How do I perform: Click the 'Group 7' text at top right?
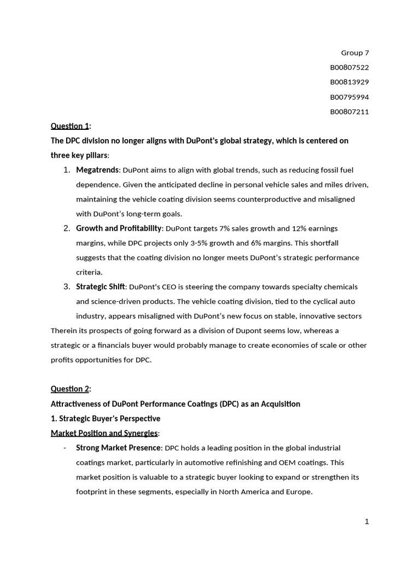(355, 53)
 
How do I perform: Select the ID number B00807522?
(349, 67)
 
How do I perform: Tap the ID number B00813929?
(349, 82)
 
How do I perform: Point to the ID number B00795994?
(349, 97)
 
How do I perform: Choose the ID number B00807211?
(349, 112)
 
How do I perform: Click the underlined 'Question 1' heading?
(69, 126)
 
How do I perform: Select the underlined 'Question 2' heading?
(69, 389)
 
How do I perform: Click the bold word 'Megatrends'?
(97, 170)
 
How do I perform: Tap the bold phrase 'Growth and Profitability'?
(119, 228)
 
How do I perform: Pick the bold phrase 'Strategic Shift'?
(100, 287)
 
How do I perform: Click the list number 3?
(66, 287)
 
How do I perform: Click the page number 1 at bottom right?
(367, 522)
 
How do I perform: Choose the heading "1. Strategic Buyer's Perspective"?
(106, 419)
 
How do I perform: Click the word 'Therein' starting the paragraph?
(63, 331)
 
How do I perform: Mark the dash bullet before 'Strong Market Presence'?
(65, 448)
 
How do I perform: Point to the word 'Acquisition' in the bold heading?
(281, 404)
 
